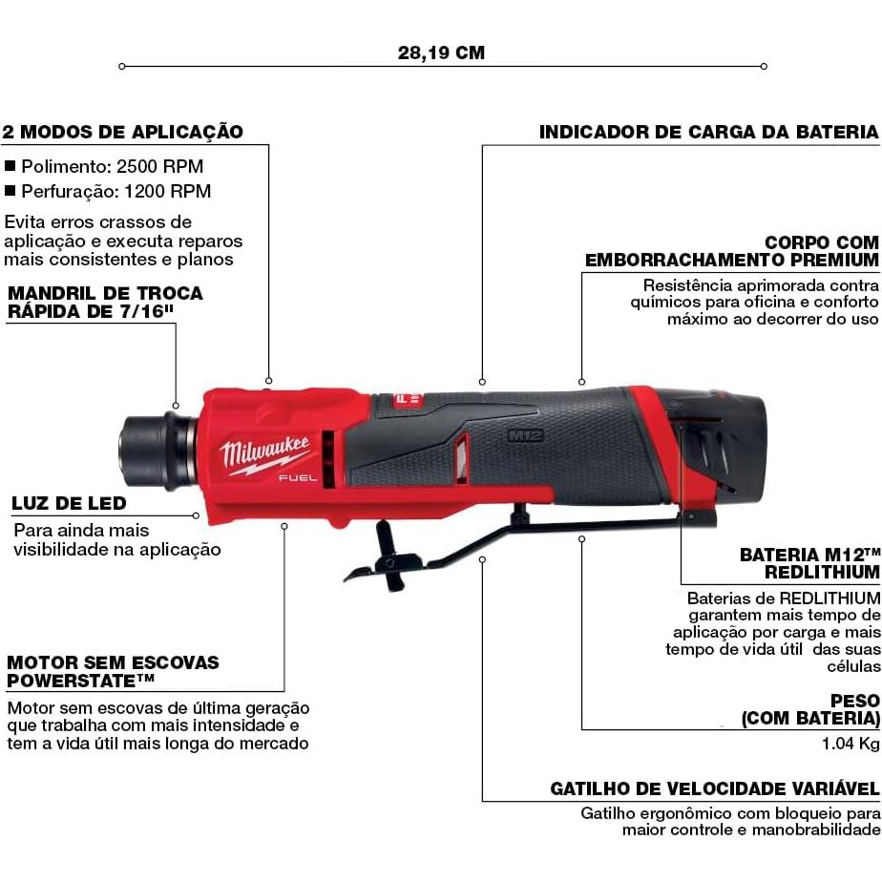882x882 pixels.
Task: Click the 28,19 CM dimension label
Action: pyautogui.click(x=441, y=52)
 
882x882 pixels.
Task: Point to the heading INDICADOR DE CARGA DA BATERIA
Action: pyautogui.click(x=707, y=132)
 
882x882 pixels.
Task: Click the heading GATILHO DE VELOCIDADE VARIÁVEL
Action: pyautogui.click(x=714, y=788)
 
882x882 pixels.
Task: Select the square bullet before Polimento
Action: pyautogui.click(x=10, y=165)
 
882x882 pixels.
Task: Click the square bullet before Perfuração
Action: pyautogui.click(x=10, y=191)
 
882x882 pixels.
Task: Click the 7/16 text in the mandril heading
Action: pyautogui.click(x=153, y=311)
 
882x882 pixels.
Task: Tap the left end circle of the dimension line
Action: pyautogui.click(x=121, y=66)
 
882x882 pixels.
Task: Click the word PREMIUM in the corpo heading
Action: pyautogui.click(x=831, y=259)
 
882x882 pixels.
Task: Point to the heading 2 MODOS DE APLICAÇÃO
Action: pyautogui.click(x=122, y=132)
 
